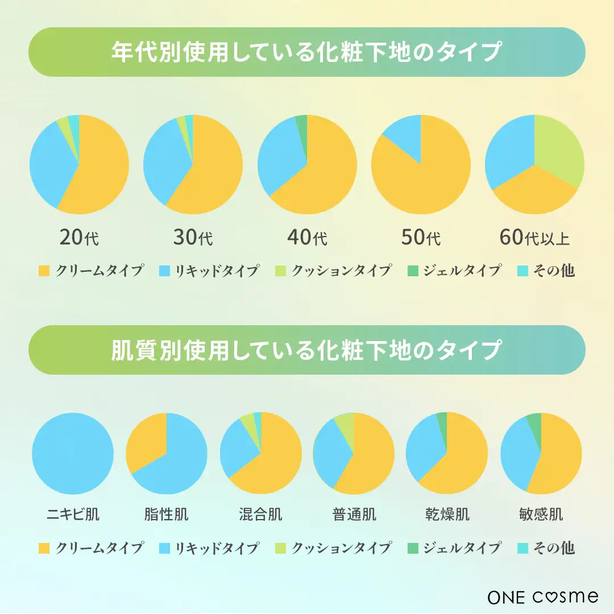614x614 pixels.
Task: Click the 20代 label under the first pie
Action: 79,237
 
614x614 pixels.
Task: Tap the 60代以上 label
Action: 534,237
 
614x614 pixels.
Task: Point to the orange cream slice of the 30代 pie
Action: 210,171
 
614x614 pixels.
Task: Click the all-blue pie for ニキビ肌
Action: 73,453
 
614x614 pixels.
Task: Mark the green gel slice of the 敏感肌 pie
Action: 534,421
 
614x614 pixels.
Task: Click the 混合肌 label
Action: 260,515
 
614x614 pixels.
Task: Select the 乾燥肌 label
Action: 447,515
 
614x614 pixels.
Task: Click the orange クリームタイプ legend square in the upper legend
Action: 44,271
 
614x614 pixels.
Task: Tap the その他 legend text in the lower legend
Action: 553,548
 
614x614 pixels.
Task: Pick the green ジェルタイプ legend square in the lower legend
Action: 413,548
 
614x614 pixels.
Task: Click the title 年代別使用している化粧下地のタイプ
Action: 307,52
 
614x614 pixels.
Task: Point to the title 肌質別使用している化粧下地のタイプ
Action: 307,350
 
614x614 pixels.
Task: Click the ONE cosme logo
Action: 543,596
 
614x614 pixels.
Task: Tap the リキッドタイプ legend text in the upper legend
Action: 217,271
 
